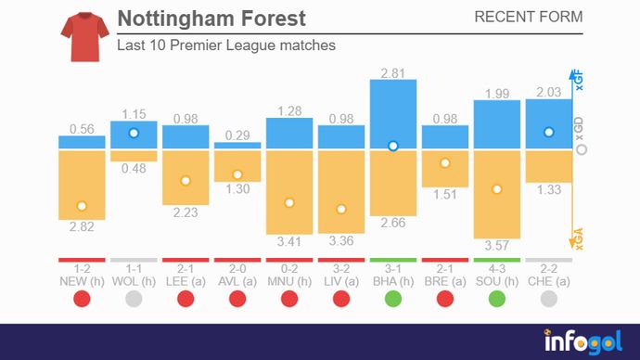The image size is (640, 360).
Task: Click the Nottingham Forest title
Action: pyautogui.click(x=211, y=19)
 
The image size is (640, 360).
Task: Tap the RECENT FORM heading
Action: pyautogui.click(x=528, y=18)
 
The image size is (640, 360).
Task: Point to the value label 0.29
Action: pyautogui.click(x=237, y=135)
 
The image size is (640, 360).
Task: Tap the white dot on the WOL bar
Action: pyautogui.click(x=134, y=134)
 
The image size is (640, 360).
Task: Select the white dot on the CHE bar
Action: pyautogui.click(x=549, y=133)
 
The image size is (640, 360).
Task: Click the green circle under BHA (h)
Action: pyautogui.click(x=393, y=299)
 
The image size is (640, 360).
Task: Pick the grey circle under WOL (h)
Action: pyautogui.click(x=134, y=299)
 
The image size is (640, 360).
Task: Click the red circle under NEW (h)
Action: pyautogui.click(x=82, y=299)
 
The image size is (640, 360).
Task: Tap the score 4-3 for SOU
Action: pyautogui.click(x=497, y=268)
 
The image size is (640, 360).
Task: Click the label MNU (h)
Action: pyautogui.click(x=289, y=280)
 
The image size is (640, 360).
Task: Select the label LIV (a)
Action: pyautogui.click(x=341, y=280)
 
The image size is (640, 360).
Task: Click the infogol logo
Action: pyautogui.click(x=582, y=341)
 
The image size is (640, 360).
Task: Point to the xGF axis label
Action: pyautogui.click(x=581, y=82)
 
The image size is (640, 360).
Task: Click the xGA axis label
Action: pyautogui.click(x=581, y=239)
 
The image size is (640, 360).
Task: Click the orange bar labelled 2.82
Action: pyautogui.click(x=82, y=186)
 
